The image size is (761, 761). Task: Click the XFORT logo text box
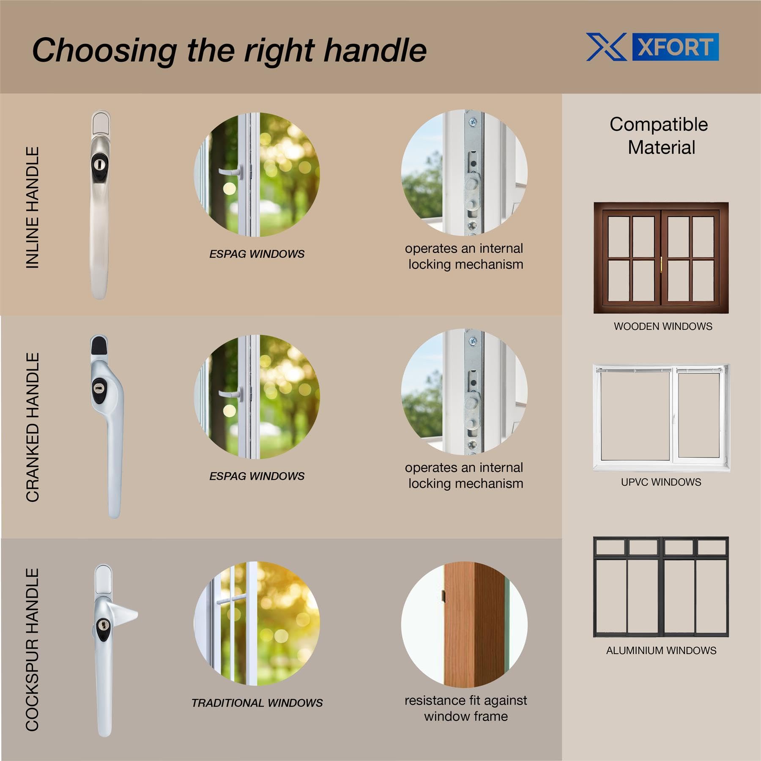675,47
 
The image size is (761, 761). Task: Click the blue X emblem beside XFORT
606,47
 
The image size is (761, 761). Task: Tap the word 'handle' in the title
375,50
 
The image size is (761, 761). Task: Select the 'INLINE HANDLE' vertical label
33,208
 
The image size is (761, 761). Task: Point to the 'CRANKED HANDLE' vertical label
33,427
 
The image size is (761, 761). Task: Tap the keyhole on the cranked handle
99,388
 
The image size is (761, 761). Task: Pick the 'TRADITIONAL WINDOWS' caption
257,703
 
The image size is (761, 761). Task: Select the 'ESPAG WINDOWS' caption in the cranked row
257,476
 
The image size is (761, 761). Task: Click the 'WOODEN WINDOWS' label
663,326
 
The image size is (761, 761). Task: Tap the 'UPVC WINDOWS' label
661,482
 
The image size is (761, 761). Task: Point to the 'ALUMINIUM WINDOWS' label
661,651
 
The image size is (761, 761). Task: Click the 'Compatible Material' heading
660,136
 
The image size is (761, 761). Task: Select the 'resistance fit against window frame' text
466,708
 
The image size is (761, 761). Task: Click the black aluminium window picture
661,587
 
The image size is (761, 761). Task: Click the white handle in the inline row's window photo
230,172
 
